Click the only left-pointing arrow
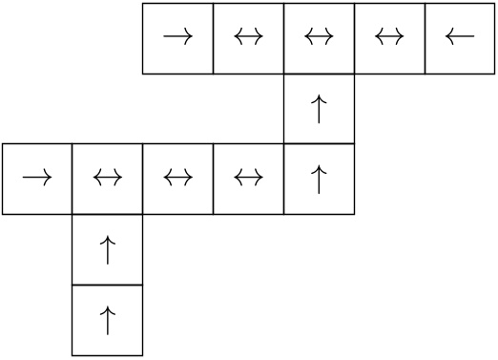click(460, 38)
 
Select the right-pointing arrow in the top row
click(177, 38)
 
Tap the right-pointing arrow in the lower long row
click(37, 179)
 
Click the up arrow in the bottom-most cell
click(108, 320)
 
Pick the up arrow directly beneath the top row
click(319, 109)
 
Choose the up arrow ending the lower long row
click(319, 179)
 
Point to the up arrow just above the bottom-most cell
click(108, 249)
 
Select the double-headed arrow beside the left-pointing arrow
click(389, 38)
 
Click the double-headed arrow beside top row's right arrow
click(248, 38)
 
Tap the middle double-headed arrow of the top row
click(319, 38)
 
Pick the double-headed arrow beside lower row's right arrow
click(108, 179)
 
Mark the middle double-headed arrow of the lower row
click(177, 179)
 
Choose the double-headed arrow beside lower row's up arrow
click(248, 179)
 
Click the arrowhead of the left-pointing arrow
click(448, 38)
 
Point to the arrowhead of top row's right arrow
click(190, 38)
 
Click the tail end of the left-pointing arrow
click(473, 38)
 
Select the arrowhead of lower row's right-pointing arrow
click(50, 179)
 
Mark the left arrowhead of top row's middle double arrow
click(308, 38)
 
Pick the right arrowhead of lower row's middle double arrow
click(189, 179)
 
